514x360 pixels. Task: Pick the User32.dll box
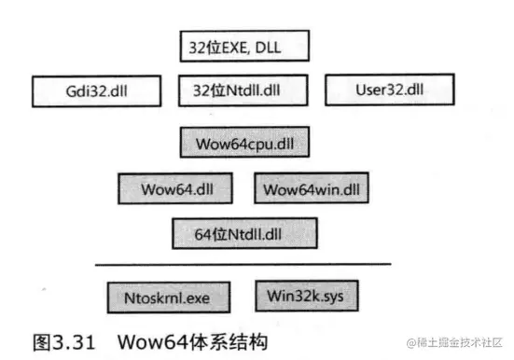point(388,90)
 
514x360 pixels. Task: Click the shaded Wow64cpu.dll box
point(244,144)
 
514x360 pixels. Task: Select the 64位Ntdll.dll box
point(244,232)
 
